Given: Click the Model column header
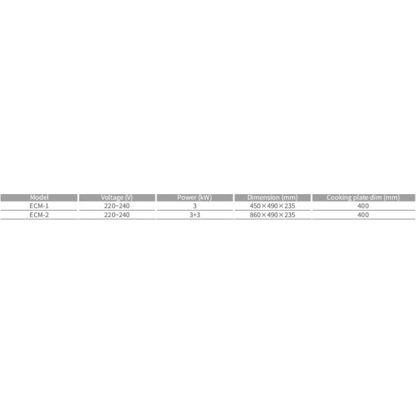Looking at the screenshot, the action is pyautogui.click(x=39, y=198).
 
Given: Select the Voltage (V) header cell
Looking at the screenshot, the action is pyautogui.click(x=117, y=198).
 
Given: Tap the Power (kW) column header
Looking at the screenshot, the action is pyautogui.click(x=195, y=198).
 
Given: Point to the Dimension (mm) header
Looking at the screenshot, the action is pyautogui.click(x=272, y=198).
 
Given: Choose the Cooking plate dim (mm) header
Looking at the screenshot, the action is pyautogui.click(x=363, y=198).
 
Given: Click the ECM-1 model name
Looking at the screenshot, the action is pyautogui.click(x=39, y=206).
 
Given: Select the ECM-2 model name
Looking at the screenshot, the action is pyautogui.click(x=39, y=215).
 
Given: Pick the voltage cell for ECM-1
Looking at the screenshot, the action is pyautogui.click(x=117, y=206).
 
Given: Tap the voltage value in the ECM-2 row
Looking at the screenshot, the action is pyautogui.click(x=117, y=215).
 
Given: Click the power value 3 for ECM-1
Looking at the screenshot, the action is pyautogui.click(x=195, y=206).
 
